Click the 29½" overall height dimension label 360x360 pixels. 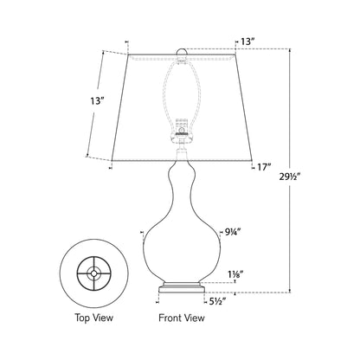tap(290, 176)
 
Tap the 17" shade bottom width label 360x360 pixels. tap(264, 167)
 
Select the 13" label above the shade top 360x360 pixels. tap(247, 42)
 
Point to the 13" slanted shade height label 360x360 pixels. tap(97, 101)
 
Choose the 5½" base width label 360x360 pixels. tap(217, 302)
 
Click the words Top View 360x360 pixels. tap(94, 318)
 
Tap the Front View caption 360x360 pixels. tap(182, 318)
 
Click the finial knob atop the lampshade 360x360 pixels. tap(182, 52)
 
